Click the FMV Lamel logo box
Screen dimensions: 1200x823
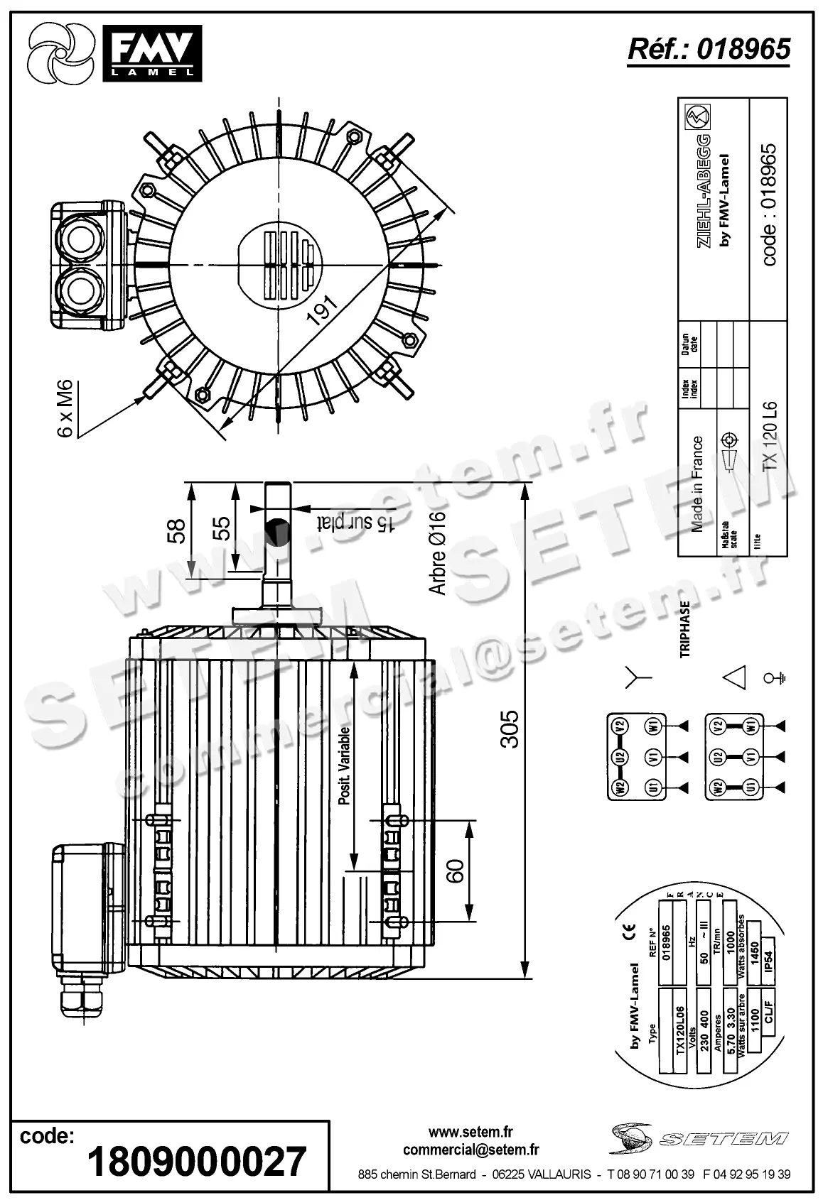tap(152, 52)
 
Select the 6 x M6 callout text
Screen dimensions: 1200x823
tap(65, 409)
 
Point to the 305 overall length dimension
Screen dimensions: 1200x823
tap(509, 729)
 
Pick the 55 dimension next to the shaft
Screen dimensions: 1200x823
tap(222, 528)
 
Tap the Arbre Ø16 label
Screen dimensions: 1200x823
tap(438, 554)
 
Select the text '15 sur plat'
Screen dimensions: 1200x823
tap(356, 523)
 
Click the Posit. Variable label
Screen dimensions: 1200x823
tap(345, 765)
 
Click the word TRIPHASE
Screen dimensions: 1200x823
tap(685, 630)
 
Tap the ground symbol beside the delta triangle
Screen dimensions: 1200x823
tap(774, 677)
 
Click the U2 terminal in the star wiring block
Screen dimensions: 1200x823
tap(620, 757)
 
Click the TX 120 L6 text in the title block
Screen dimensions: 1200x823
tap(769, 437)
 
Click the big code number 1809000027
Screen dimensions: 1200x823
tap(197, 1162)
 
